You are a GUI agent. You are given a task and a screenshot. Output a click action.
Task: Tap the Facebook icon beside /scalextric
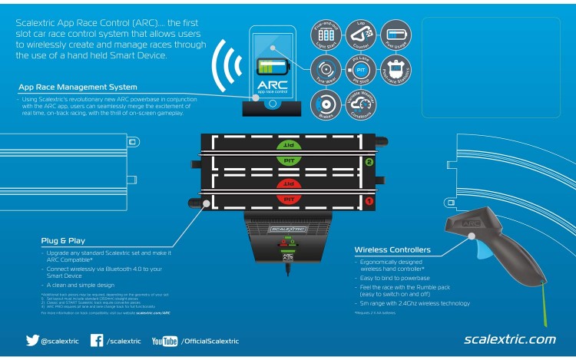point(97,340)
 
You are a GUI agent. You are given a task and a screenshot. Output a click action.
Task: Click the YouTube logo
point(164,340)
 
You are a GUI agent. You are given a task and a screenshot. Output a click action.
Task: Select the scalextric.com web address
point(510,339)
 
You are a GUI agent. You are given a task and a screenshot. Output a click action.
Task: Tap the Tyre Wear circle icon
point(323,68)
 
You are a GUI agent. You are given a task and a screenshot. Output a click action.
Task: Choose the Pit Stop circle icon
point(361,68)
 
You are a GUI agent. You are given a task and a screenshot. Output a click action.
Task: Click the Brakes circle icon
point(323,104)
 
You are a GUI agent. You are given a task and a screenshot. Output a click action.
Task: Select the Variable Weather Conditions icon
point(361,104)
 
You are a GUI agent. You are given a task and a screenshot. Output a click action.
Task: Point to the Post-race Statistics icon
point(397,68)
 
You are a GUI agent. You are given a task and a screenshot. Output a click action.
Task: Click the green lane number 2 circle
point(369,162)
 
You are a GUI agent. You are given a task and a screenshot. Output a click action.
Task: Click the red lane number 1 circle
point(369,202)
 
